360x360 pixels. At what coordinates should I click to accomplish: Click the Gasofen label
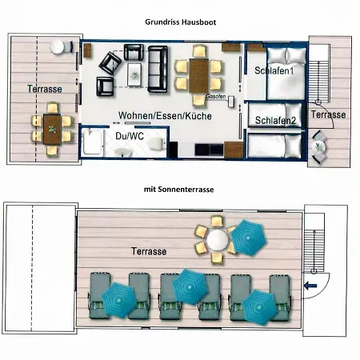click(x=216, y=96)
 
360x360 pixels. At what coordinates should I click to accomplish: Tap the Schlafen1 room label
click(x=274, y=70)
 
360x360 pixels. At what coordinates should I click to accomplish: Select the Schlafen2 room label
click(x=275, y=121)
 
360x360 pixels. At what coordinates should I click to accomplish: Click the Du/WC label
click(x=130, y=136)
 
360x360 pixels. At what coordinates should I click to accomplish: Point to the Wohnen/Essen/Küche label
click(x=165, y=116)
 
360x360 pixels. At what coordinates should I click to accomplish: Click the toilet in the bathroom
click(x=156, y=144)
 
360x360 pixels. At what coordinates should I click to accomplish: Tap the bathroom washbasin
click(x=123, y=152)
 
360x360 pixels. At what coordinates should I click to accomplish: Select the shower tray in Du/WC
click(x=93, y=142)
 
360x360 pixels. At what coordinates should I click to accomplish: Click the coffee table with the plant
click(x=134, y=74)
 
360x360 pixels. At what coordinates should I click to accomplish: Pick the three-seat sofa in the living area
click(x=158, y=69)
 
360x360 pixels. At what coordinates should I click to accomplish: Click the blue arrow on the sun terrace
click(x=310, y=286)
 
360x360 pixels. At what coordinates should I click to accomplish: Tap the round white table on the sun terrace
click(x=218, y=239)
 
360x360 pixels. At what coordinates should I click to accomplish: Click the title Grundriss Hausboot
click(x=180, y=22)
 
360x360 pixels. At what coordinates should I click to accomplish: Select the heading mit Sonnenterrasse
click(x=178, y=190)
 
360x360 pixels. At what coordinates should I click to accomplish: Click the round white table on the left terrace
click(x=57, y=47)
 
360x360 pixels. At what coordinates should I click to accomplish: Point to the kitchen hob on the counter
click(x=209, y=150)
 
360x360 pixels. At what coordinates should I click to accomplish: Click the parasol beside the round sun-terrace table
click(x=249, y=238)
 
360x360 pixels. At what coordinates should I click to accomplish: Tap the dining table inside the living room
click(x=198, y=76)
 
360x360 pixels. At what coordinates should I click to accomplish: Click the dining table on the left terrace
click(x=52, y=130)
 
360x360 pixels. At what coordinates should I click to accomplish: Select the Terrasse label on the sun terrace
click(x=149, y=251)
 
